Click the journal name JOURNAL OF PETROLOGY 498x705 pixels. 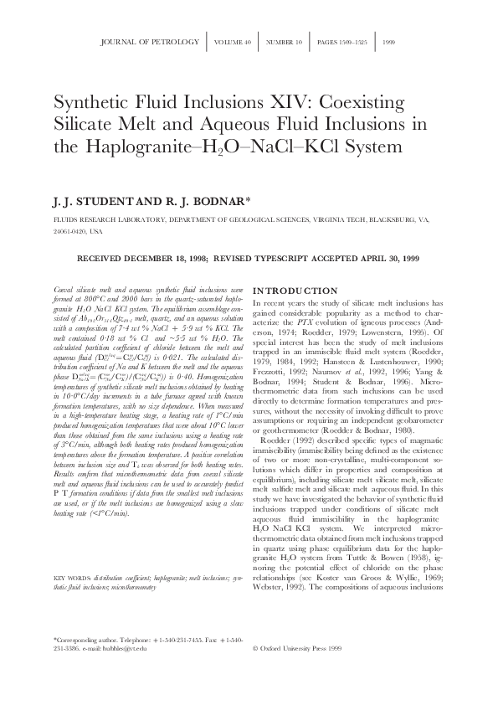point(149,40)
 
